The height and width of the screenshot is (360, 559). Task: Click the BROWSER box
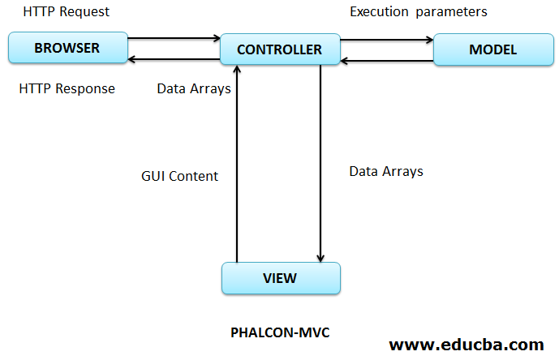tap(67, 48)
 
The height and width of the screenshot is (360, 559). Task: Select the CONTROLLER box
tap(279, 49)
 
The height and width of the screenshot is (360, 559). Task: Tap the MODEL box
tap(492, 49)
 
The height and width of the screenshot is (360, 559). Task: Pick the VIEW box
tap(280, 278)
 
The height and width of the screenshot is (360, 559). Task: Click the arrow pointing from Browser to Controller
tap(174, 37)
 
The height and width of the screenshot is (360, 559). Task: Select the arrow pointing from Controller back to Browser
tap(174, 58)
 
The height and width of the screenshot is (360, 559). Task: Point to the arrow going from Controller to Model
tap(386, 39)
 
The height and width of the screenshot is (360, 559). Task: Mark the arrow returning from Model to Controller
tap(386, 60)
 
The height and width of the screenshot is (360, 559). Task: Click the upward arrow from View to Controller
tap(237, 170)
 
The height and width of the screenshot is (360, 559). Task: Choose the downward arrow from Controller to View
tap(321, 162)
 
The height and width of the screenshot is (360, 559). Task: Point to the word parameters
tap(451, 12)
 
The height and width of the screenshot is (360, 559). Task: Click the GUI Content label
tap(179, 176)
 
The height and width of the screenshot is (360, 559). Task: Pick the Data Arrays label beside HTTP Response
tap(194, 88)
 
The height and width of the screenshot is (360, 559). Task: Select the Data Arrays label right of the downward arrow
tap(386, 171)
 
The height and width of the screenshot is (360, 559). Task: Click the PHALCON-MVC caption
tap(280, 332)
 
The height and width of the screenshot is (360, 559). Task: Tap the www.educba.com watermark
tap(467, 344)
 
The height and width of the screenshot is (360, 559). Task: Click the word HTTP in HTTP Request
tap(40, 12)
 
